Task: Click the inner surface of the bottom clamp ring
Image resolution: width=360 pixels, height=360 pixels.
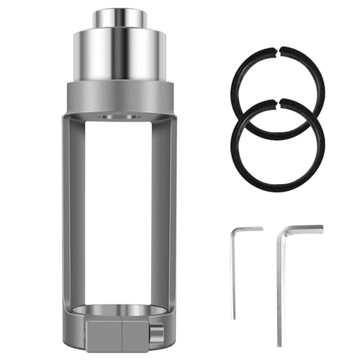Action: coord(120,308)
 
